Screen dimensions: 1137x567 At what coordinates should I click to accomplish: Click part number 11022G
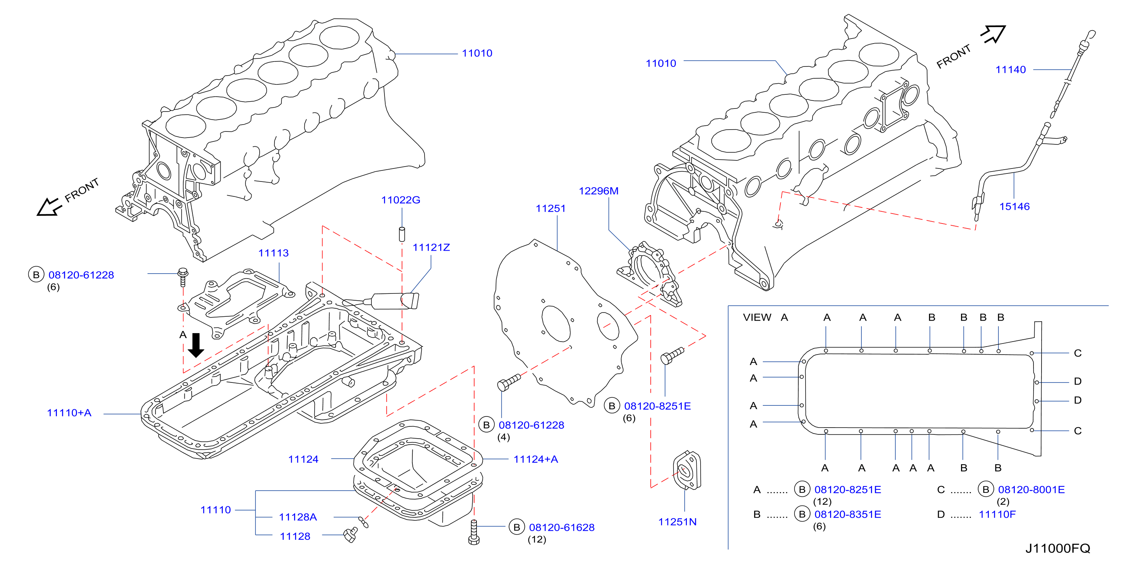pos(401,200)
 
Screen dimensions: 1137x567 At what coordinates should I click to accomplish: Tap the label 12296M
pos(599,191)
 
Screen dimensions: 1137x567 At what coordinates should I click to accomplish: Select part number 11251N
pos(678,522)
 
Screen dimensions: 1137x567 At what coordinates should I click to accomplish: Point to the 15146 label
pos(1014,207)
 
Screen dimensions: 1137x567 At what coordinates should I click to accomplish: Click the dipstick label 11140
pos(1011,70)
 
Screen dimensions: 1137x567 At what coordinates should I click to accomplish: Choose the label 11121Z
pos(431,248)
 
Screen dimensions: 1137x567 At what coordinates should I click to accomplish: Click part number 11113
pos(273,253)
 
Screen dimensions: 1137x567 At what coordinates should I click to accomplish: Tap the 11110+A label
pos(69,413)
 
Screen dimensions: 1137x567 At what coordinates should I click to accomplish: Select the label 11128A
pos(298,517)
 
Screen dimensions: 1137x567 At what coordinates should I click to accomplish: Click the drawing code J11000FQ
pos(1058,548)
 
